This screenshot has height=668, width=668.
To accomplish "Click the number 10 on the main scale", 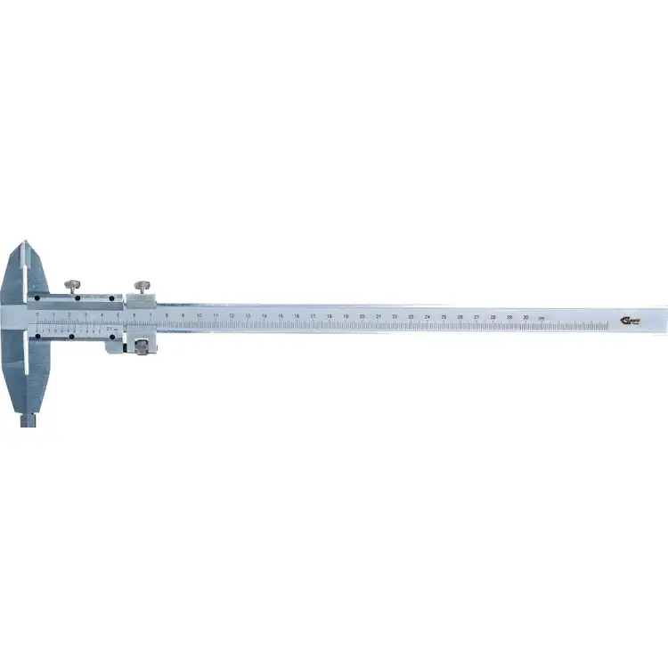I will pyautogui.click(x=199, y=315).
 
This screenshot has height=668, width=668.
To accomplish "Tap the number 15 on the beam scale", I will pyautogui.click(x=281, y=315).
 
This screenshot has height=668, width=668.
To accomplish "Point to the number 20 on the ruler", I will pyautogui.click(x=362, y=316).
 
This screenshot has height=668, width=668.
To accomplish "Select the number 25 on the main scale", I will pyautogui.click(x=444, y=316).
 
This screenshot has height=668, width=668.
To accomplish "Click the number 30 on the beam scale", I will pyautogui.click(x=525, y=316).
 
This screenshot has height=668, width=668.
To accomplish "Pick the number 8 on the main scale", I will pyautogui.click(x=167, y=315).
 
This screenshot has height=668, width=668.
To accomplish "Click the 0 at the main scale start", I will pyautogui.click(x=37, y=314).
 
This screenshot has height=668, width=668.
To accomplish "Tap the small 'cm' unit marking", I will pyautogui.click(x=541, y=317).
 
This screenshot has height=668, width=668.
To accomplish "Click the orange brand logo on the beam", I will pyautogui.click(x=627, y=320).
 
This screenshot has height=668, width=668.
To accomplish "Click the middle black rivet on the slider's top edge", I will pyautogui.click(x=78, y=298).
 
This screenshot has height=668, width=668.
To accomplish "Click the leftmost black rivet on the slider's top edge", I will pyautogui.click(x=37, y=298).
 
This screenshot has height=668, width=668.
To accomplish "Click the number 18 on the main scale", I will pyautogui.click(x=329, y=316).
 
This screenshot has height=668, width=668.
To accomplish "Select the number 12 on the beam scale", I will pyautogui.click(x=232, y=315).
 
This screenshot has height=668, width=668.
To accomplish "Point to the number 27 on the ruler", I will pyautogui.click(x=477, y=316).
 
